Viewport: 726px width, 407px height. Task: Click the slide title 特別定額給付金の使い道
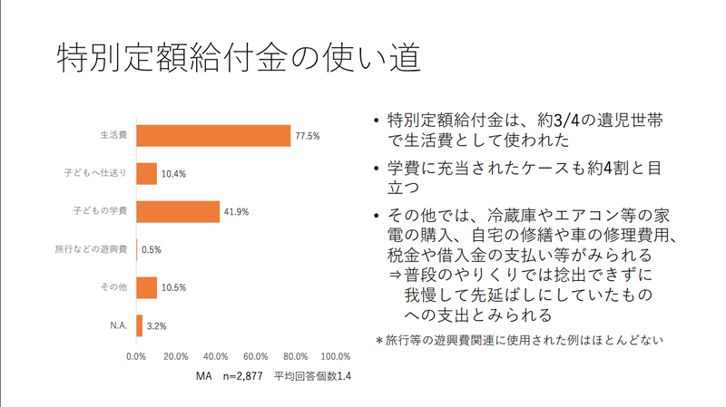(237, 58)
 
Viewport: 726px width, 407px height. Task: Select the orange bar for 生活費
(213, 135)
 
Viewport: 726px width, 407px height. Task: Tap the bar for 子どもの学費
(178, 211)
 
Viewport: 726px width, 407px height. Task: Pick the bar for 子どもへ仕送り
(147, 173)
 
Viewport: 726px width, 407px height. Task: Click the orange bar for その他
(147, 287)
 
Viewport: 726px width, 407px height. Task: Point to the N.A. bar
(140, 325)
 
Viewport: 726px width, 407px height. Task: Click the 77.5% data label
(307, 136)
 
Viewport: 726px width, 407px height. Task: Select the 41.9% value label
(235, 212)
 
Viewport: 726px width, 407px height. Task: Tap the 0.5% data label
(152, 249)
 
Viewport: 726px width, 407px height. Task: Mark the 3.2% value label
(156, 325)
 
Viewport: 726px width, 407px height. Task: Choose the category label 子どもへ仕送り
(99, 173)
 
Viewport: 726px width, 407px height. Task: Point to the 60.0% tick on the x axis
(256, 356)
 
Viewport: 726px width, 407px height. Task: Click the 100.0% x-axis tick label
(336, 356)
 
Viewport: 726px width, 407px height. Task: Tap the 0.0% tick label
(136, 356)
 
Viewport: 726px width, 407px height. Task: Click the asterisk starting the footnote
(380, 341)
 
